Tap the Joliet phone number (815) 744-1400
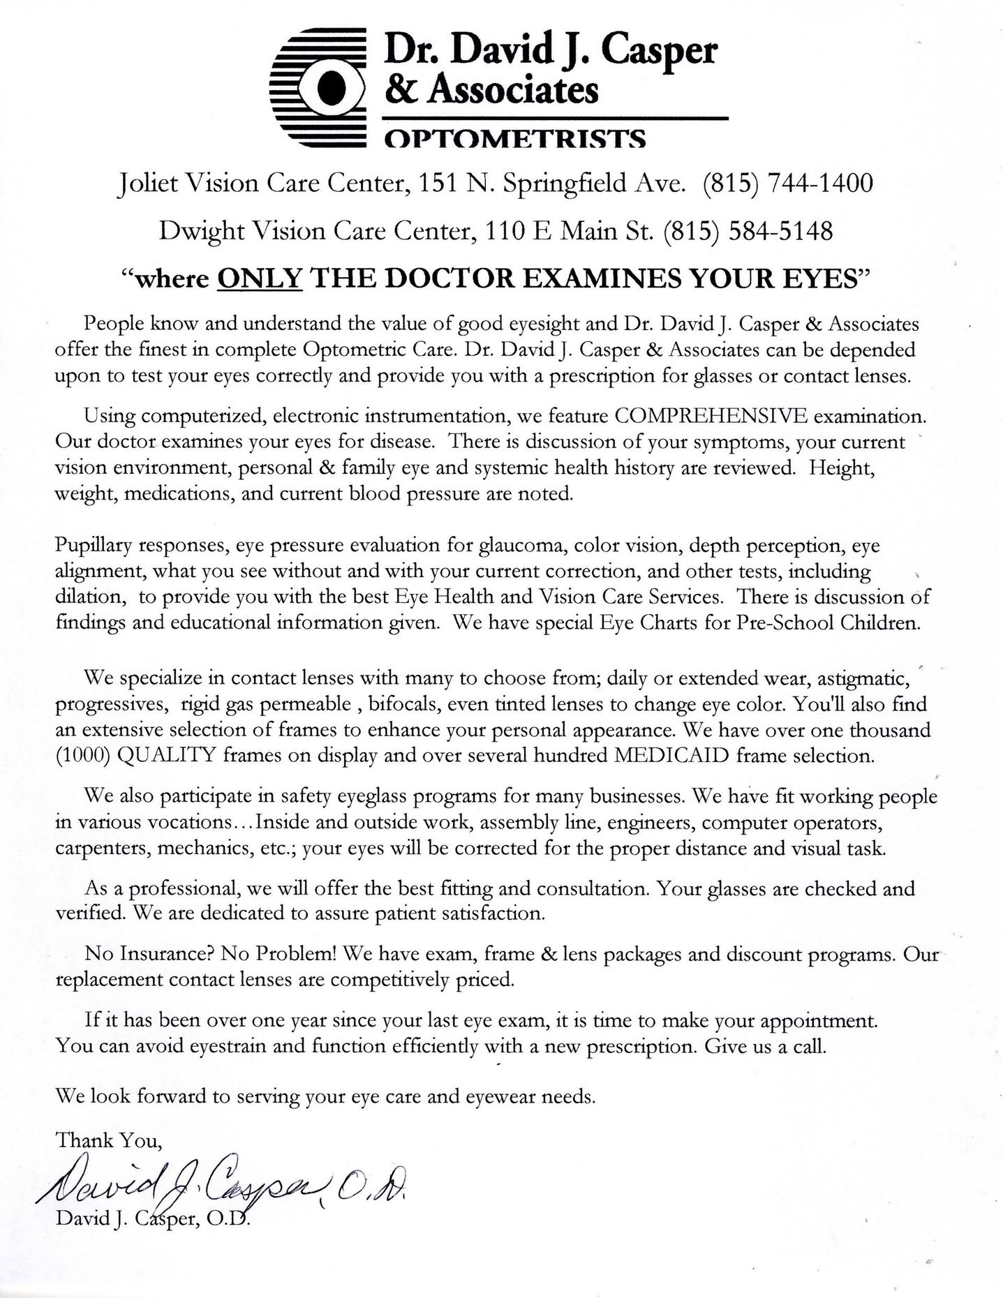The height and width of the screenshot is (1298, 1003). point(788,184)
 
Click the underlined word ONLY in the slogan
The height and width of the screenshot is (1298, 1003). point(260,278)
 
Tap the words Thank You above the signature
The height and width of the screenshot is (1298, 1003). point(109,1140)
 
